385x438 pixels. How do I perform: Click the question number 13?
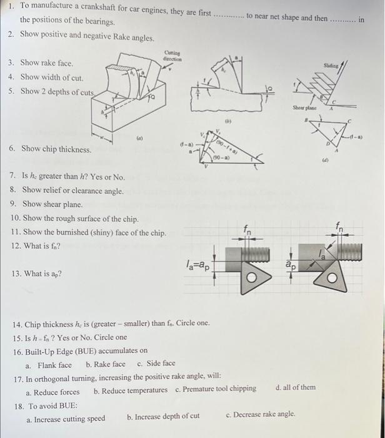coord(16,274)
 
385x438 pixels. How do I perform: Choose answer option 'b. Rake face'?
coord(106,364)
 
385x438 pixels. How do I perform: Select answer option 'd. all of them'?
coord(296,388)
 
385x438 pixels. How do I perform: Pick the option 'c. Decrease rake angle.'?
coord(260,414)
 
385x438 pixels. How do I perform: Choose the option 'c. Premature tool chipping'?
coord(216,389)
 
